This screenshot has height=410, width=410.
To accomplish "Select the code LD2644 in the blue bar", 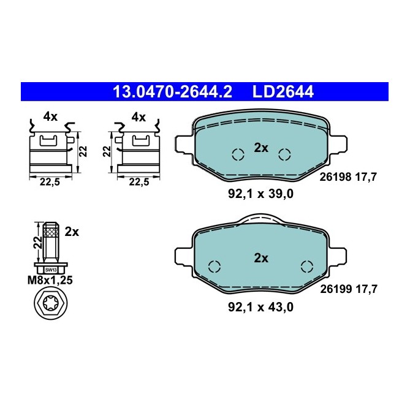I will pos(283,92).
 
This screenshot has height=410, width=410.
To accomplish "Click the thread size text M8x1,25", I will pos(51,281).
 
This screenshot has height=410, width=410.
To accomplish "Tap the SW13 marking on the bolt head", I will pos(51,269).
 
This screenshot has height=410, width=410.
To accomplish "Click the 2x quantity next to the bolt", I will pos(72,232).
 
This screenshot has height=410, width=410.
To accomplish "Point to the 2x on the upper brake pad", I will pos(261,148).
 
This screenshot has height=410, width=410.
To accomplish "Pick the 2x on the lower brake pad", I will pos(261,258).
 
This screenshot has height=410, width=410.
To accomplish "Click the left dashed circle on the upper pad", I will pos(238,155).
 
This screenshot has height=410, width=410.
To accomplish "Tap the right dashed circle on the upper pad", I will pos(284,154).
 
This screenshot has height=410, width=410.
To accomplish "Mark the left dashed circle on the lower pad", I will pos(214,266).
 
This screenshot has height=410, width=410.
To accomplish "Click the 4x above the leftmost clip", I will pos(50,116).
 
